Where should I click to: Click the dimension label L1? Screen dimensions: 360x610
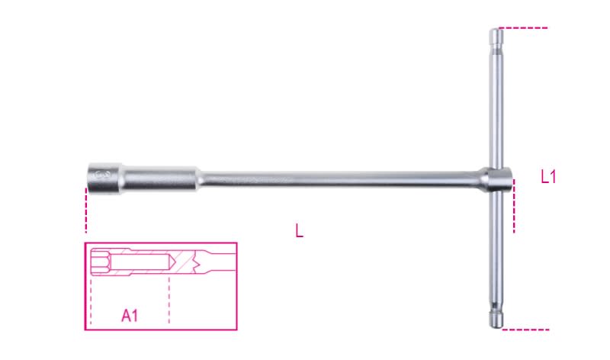(x=549, y=178)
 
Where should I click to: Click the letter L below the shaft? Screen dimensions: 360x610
(x=299, y=230)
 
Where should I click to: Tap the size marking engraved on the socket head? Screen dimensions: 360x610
(x=104, y=175)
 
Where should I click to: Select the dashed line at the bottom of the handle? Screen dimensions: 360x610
(x=526, y=330)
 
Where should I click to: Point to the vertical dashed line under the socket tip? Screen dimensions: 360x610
(x=86, y=211)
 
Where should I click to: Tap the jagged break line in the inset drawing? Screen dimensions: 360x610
(x=201, y=264)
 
